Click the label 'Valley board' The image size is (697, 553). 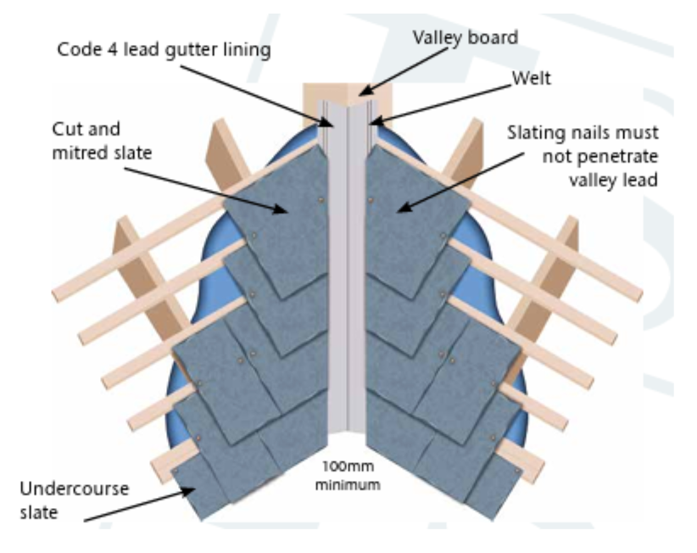[466, 38]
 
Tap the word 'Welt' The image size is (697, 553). [532, 78]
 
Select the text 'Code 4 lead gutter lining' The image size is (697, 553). [164, 50]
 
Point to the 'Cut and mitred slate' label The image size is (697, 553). [102, 141]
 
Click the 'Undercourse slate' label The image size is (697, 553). [75, 500]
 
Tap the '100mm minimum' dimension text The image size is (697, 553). [348, 476]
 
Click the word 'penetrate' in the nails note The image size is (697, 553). [600, 157]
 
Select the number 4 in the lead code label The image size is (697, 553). [112, 49]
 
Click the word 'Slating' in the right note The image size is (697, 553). [536, 133]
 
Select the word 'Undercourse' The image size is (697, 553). [75, 489]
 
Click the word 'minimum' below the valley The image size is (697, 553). [348, 484]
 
